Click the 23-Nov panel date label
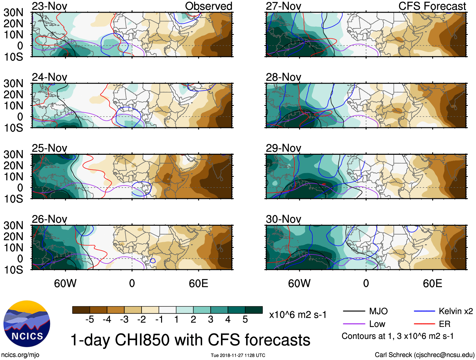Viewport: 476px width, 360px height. [49, 6]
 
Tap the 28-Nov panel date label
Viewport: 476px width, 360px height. [283, 77]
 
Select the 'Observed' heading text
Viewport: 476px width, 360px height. [208, 6]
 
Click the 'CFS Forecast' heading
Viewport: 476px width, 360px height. [432, 6]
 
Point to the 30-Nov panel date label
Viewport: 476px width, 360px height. [283, 219]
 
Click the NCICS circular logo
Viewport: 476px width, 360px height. [27, 324]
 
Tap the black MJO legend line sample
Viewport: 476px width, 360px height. [354, 311]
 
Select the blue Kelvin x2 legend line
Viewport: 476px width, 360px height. [424, 311]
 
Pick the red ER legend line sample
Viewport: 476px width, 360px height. [424, 324]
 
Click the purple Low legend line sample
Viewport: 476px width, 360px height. [354, 324]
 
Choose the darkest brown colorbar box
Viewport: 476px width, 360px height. [81, 310]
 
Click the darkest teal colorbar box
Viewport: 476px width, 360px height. [254, 310]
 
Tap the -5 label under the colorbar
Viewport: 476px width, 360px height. [90, 320]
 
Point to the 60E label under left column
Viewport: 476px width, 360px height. [198, 283]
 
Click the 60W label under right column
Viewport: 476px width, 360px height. [299, 283]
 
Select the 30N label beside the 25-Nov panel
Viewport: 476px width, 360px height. [13, 154]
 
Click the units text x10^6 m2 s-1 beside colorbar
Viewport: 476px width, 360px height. [298, 315]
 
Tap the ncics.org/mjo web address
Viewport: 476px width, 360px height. [20, 355]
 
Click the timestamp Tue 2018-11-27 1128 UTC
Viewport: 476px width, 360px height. [238, 355]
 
